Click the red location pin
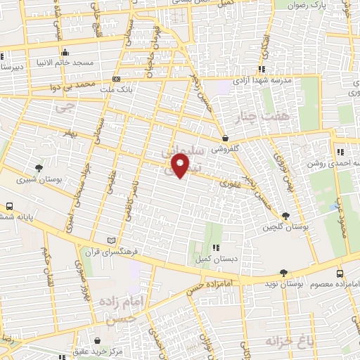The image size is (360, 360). [181, 166]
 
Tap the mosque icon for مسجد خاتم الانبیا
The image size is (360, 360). [65, 52]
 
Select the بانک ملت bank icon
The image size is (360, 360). [116, 79]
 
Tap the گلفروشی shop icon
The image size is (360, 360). [224, 138]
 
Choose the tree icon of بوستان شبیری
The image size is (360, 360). [39, 167]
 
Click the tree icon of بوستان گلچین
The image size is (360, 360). [285, 216]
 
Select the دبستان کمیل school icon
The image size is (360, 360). [215, 247]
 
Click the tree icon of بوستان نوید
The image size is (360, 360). [283, 272]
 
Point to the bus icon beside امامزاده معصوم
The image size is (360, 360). [340, 274]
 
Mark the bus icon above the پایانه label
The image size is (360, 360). [9, 207]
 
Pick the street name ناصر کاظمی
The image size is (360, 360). [130, 201]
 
